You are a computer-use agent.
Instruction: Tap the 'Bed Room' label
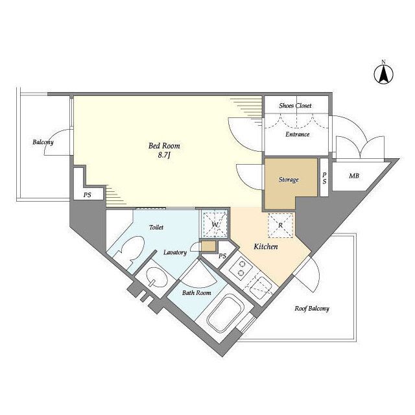coord(164,145)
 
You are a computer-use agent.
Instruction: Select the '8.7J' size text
coord(164,155)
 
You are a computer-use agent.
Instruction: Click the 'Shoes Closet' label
coord(295,106)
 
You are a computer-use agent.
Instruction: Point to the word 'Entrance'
coord(297,134)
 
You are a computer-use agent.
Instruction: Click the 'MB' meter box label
coord(354,176)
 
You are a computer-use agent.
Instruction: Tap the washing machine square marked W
coord(215,224)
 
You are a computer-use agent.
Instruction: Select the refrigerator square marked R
coord(281,225)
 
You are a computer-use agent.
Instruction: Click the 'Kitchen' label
coord(266,246)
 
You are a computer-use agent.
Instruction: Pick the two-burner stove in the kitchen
coord(241,268)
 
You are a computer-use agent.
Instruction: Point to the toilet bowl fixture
coord(131,252)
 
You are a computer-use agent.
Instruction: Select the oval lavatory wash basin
coord(157,277)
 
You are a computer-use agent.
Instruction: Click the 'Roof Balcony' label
coord(312,309)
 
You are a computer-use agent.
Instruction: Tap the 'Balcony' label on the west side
coord(43,143)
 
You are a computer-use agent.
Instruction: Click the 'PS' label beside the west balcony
coord(88,195)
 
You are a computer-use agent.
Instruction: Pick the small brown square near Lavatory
coord(209,246)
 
